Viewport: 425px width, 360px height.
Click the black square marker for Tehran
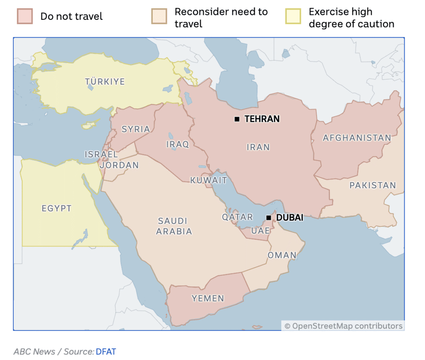pyautogui.click(x=237, y=119)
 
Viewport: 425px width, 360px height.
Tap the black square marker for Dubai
pyautogui.click(x=269, y=217)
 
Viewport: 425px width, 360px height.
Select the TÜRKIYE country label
pyautogui.click(x=105, y=82)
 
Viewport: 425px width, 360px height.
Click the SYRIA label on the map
pyautogui.click(x=136, y=129)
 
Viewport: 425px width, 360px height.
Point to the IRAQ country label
pyautogui.click(x=178, y=144)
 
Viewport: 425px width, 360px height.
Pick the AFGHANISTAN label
pyautogui.click(x=357, y=138)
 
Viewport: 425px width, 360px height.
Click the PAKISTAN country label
pyautogui.click(x=372, y=185)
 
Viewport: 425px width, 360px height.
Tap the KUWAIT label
pyautogui.click(x=208, y=180)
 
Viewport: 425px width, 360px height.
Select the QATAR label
pyautogui.click(x=237, y=217)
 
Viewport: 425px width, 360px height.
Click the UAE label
pyautogui.click(x=261, y=231)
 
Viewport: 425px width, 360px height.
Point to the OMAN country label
pyautogui.click(x=282, y=255)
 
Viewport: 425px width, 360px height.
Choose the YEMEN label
pyautogui.click(x=208, y=298)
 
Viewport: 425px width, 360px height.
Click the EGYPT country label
pyautogui.click(x=56, y=209)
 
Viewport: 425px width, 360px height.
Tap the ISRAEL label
pyautogui.click(x=101, y=154)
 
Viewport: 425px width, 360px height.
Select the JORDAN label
pyautogui.click(x=120, y=165)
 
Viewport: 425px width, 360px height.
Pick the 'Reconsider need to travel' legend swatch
pyautogui.click(x=160, y=17)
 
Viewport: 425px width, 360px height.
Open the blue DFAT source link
pyautogui.click(x=106, y=352)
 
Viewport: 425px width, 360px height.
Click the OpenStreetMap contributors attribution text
pyautogui.click(x=343, y=326)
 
